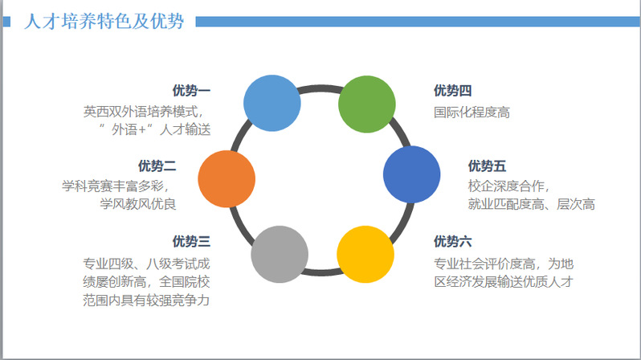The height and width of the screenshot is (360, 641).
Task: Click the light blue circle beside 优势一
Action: [272, 103]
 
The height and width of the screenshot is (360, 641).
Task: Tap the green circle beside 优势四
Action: [367, 104]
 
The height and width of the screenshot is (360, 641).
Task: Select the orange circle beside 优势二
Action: [227, 178]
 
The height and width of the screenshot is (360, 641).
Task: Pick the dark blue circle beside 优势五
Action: [411, 174]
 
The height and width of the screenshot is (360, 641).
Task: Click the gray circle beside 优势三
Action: [280, 254]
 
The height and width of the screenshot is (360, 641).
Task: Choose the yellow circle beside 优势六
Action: [365, 254]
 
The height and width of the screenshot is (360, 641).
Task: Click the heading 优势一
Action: [191, 91]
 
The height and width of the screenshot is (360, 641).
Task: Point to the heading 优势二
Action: [157, 166]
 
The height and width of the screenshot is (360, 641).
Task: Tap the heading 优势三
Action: [191, 241]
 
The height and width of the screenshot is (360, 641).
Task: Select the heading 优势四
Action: [452, 91]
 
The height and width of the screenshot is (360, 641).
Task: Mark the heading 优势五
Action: [487, 166]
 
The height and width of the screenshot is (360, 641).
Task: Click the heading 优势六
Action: [452, 241]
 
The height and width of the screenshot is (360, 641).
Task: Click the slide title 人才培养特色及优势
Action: [104, 21]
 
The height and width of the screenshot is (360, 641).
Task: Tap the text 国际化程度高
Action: [472, 112]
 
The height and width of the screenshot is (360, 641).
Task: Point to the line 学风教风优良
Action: [138, 204]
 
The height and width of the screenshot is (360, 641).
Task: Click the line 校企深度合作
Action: [506, 186]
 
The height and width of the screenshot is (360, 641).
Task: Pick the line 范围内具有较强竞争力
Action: [146, 301]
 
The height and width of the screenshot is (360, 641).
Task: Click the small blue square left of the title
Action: [6, 21]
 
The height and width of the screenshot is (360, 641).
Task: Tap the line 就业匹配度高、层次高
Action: [532, 204]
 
